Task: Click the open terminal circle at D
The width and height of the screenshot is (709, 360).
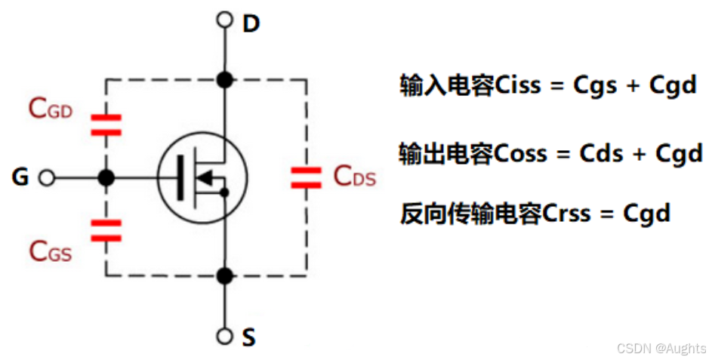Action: coord(223,20)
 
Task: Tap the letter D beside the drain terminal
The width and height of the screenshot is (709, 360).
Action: coord(251,24)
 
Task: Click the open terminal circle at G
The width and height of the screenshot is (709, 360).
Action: coord(47,178)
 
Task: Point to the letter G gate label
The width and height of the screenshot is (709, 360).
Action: coord(20,178)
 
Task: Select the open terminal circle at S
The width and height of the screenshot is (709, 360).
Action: coord(223,336)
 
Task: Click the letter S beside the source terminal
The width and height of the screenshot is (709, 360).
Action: coord(248,338)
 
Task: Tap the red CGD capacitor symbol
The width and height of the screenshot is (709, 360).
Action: coord(106,125)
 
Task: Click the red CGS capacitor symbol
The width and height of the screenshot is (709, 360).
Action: coord(106,230)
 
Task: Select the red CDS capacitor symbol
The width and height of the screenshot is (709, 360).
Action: coord(306,178)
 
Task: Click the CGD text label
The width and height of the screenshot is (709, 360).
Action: coord(51,109)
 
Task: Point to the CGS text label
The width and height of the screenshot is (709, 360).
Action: coord(51,251)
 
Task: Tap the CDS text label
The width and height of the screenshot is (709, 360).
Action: coord(354,177)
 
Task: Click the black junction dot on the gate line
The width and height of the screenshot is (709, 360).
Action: coord(106,178)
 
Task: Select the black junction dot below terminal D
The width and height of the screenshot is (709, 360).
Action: coord(223,78)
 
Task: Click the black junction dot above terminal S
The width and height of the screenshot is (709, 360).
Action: coord(223,276)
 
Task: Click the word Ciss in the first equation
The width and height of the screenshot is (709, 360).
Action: coord(519,85)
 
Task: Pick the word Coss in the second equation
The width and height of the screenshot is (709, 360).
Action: coord(520,154)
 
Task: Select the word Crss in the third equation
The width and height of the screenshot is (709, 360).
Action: coord(569,214)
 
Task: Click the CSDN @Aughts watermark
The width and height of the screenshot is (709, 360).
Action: coord(661,348)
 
